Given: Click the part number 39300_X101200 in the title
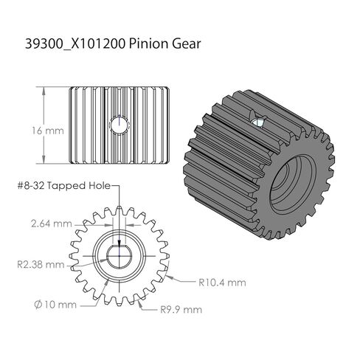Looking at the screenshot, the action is [x=75, y=44].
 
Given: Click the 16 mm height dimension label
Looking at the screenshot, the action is [x=48, y=131].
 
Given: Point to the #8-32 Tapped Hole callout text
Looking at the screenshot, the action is [x=64, y=186].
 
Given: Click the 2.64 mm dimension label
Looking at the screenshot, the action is [x=52, y=224].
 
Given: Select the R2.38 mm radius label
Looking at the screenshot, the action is [x=41, y=265].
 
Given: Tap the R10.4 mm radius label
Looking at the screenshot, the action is [x=222, y=283].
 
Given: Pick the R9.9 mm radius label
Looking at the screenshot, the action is [x=181, y=309].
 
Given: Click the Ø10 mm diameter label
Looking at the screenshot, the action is [x=55, y=305].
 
